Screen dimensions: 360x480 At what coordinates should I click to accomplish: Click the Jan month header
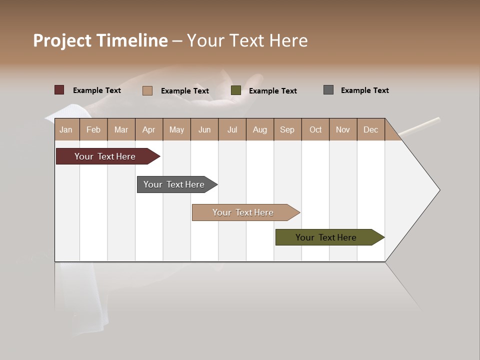coord(66,129)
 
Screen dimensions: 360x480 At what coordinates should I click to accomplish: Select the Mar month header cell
coord(121,129)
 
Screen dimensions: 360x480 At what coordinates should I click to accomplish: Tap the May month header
coord(176,129)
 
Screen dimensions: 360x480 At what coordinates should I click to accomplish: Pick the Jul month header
coord(232,129)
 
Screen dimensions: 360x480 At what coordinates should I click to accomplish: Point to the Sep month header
coord(287,129)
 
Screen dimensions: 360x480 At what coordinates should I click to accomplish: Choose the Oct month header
coord(315,129)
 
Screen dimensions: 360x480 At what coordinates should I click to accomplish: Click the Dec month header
coord(370,129)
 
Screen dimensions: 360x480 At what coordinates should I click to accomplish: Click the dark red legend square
coord(59,90)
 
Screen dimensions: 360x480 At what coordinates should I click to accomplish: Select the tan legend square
coord(147,90)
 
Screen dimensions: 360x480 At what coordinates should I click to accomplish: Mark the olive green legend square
coord(236,90)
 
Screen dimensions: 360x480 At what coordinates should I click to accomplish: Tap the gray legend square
coord(328,90)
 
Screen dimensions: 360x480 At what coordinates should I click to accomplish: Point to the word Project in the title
coord(62,40)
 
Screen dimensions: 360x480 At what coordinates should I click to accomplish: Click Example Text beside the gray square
coord(364,90)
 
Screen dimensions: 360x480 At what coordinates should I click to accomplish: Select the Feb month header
coord(93,129)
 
